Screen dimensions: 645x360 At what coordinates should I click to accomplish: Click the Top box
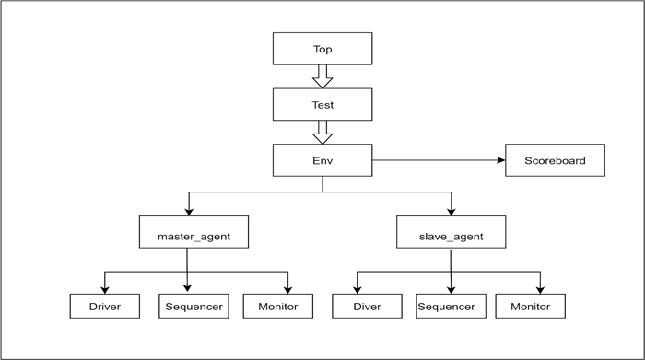tap(322, 49)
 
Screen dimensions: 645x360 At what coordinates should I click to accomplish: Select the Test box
tap(322, 104)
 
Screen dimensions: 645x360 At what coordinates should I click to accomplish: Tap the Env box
tap(322, 160)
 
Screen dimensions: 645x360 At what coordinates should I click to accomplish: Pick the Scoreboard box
tap(555, 160)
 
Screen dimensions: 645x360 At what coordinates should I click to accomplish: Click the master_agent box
tap(193, 232)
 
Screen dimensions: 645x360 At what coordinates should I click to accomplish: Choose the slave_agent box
tap(451, 232)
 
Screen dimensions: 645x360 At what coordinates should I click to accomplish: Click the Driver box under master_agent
tap(105, 307)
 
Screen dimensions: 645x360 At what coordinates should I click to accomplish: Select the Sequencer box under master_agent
tap(193, 307)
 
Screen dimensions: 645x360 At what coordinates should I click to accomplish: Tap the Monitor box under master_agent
tap(278, 307)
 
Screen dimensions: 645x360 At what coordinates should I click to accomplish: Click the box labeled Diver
tap(367, 307)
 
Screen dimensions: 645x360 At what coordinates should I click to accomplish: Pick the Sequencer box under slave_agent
tap(451, 307)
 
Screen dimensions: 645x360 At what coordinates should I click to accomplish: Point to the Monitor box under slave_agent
tap(530, 307)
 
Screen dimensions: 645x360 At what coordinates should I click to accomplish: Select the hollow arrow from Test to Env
tap(322, 134)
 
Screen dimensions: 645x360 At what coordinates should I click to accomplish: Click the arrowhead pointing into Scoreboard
tap(501, 160)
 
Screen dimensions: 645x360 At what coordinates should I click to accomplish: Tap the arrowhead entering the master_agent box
tap(189, 212)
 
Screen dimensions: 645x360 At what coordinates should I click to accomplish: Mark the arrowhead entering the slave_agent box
tap(451, 212)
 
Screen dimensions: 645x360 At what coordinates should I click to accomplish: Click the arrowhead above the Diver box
tap(358, 290)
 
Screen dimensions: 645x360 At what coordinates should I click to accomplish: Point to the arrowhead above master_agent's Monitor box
tap(287, 290)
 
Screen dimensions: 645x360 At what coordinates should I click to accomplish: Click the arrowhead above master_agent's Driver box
tap(105, 290)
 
